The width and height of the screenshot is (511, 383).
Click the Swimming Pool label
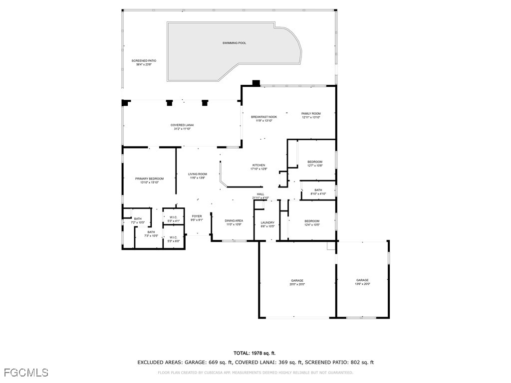pyautogui.click(x=234, y=43)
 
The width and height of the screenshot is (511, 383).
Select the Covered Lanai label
pyautogui.click(x=182, y=125)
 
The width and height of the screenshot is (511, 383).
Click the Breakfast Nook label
pyautogui.click(x=263, y=117)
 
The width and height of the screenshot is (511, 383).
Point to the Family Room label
pyautogui.click(x=310, y=114)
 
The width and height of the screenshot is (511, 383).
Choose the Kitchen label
pyautogui.click(x=258, y=165)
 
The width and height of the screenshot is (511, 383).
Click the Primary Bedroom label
pyautogui.click(x=149, y=179)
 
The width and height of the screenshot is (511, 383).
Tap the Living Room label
pyautogui.click(x=198, y=174)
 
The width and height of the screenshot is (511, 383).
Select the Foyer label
pyautogui.click(x=197, y=216)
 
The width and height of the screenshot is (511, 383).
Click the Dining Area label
pyautogui.click(x=234, y=220)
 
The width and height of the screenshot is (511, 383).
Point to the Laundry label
pyautogui.click(x=267, y=222)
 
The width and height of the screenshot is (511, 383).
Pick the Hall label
pyautogui.click(x=260, y=194)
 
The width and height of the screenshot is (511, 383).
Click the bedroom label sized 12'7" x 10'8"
pyautogui.click(x=314, y=162)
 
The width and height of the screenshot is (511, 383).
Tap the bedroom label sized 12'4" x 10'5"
pyautogui.click(x=312, y=221)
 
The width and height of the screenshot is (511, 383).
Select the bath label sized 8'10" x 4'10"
pyautogui.click(x=318, y=190)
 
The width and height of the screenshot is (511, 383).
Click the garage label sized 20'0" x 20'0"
pyautogui.click(x=297, y=280)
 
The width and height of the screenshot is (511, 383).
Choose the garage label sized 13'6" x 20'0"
pyautogui.click(x=362, y=280)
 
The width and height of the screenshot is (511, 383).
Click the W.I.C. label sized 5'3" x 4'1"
pyautogui.click(x=173, y=217)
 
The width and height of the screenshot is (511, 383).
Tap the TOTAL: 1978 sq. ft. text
pyautogui.click(x=255, y=353)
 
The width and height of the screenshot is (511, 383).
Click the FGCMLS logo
pyautogui.click(x=25, y=373)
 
